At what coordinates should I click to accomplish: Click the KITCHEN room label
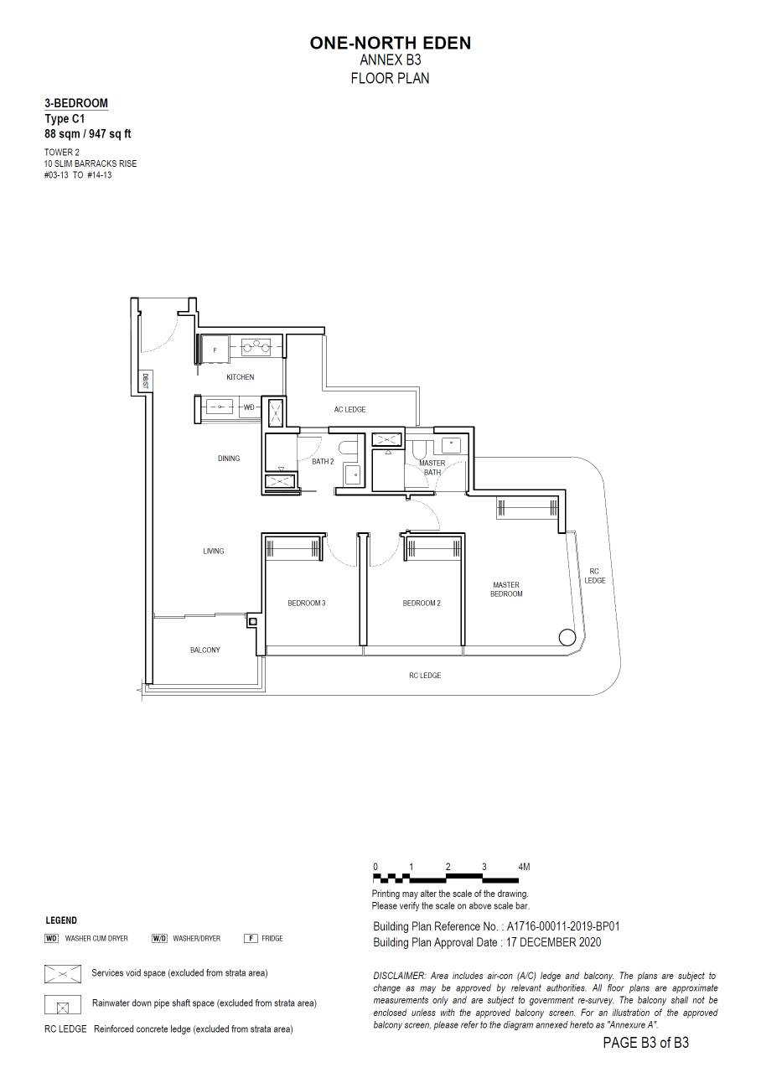coord(240,377)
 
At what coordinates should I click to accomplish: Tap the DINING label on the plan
coord(229,459)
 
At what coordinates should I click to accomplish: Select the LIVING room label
coord(213,551)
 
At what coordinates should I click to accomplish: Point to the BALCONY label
coord(205,650)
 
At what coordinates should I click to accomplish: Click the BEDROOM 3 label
coord(307,603)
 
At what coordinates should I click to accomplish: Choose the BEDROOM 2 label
coord(422,603)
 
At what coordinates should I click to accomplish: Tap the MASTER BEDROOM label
coord(506,589)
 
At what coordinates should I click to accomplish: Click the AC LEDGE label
coord(349,410)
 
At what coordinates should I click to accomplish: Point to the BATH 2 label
coord(323,462)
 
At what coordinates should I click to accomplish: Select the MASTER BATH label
coord(432,467)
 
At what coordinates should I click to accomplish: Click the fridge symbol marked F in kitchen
coord(215,350)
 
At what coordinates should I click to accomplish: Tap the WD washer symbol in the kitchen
coord(249,407)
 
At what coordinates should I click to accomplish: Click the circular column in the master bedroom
coord(567,637)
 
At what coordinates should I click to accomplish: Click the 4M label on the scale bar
coord(524,867)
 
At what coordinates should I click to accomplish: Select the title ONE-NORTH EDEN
coord(390,44)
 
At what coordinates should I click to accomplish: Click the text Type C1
coord(65,119)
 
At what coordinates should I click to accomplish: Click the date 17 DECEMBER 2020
coord(554,942)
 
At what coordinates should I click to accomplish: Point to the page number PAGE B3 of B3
coord(646,1056)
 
